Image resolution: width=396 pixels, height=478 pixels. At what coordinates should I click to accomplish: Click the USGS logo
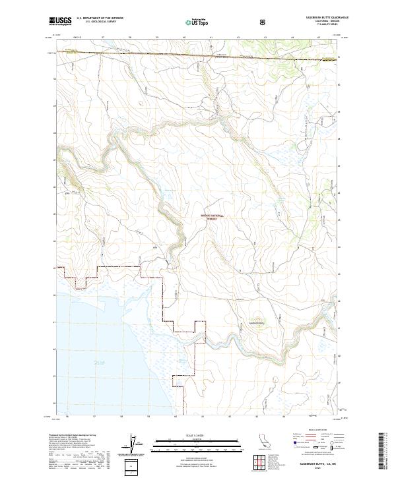pos(61,21)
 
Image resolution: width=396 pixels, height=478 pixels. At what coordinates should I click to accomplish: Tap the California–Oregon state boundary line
pos(198,59)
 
